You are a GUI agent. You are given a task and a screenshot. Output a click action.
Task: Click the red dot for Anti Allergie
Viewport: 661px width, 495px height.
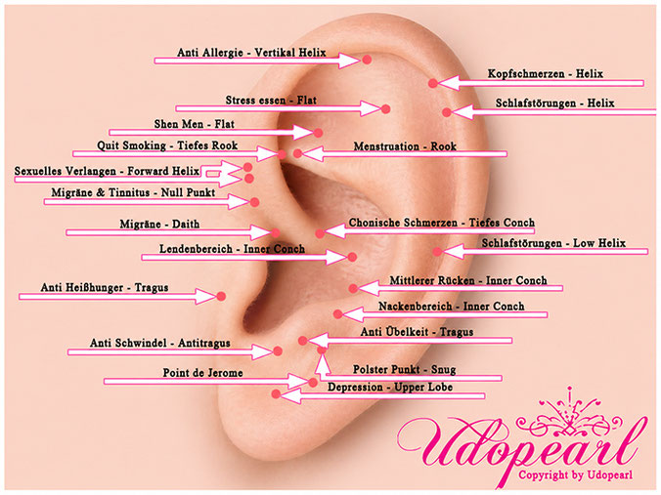pos(367,60)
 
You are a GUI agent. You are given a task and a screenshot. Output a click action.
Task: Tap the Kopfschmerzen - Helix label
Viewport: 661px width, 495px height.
pos(545,74)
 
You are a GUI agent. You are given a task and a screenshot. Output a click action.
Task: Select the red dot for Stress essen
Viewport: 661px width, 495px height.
pos(385,109)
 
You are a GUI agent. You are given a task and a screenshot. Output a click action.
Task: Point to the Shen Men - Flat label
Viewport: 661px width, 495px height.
pos(194,124)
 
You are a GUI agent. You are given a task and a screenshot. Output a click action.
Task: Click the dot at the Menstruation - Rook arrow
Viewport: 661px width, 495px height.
pos(297,153)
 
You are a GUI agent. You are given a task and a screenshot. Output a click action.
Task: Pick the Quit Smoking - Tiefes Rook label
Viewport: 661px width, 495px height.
pos(167,145)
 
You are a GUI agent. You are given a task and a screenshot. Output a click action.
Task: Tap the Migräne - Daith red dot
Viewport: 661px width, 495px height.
pos(276,232)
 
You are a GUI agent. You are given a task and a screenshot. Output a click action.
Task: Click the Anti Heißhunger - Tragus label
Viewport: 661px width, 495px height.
pos(105,287)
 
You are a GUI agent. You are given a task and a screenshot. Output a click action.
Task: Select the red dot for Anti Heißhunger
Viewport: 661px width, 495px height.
pos(221,297)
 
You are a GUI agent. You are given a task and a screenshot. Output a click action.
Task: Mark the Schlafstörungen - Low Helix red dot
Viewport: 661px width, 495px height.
pos(438,252)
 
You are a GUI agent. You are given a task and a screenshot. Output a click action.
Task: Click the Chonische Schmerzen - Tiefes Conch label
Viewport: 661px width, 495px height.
pos(441,223)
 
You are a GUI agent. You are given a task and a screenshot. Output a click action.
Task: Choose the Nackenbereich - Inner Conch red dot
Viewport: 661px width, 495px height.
pos(337,314)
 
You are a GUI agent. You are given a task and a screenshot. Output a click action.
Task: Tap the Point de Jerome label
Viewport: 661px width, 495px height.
pos(202,373)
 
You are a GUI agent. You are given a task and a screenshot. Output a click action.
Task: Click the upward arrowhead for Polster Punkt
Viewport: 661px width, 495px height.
pos(322,363)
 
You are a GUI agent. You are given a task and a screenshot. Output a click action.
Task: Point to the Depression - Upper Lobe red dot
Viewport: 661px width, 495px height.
pos(276,394)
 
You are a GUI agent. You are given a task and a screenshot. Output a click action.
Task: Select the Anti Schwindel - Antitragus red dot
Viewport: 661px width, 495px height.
pos(278,351)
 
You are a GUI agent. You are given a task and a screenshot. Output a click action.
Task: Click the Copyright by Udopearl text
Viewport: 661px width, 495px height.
pos(575,475)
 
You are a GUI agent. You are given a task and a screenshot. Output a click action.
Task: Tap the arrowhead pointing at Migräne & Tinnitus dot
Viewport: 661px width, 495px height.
pos(240,202)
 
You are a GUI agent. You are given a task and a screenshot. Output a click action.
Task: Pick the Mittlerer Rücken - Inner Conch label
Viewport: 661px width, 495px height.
pos(468,281)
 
